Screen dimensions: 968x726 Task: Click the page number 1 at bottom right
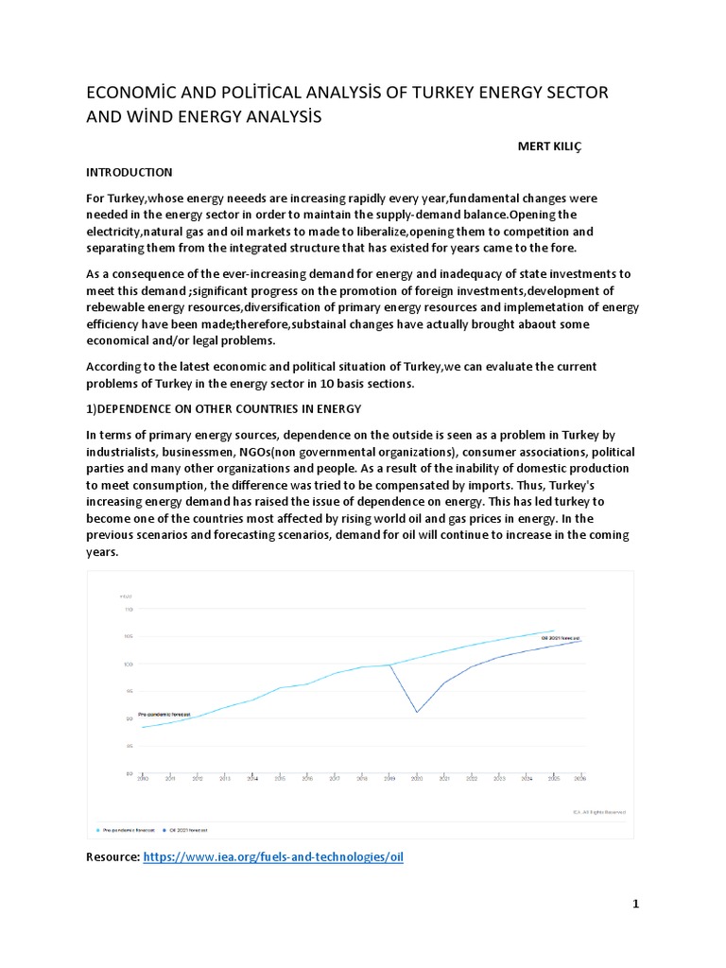(x=636, y=904)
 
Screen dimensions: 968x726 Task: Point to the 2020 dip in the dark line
(x=417, y=711)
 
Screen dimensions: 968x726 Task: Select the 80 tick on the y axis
(x=129, y=773)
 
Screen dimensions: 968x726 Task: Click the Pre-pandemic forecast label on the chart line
(x=164, y=714)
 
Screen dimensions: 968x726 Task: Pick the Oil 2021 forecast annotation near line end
(x=560, y=638)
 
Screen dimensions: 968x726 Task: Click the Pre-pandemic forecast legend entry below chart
(x=129, y=829)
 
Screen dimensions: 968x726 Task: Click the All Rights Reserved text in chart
(x=600, y=811)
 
